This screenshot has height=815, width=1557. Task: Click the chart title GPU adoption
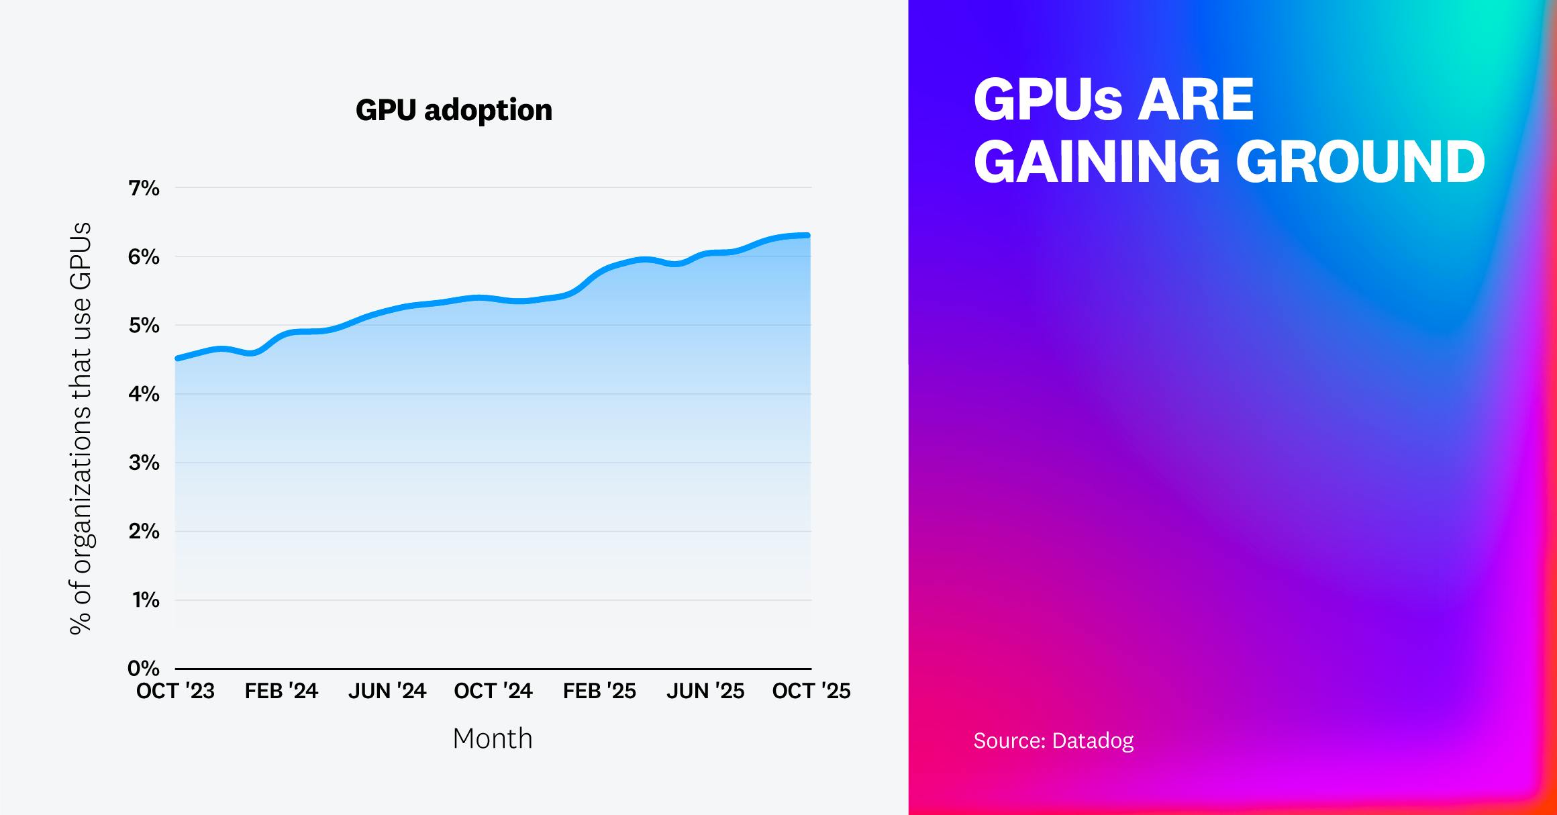pos(454,110)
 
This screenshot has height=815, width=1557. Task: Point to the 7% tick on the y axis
pos(144,189)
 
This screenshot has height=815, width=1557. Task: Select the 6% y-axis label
pos(144,257)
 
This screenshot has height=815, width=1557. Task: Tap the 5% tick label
pos(144,326)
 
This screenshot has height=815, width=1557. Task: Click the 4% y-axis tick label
pos(144,395)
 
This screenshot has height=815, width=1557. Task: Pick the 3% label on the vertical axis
pos(144,463)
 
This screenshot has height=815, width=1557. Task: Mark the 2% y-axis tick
pos(144,532)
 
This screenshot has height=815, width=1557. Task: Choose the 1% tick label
pos(144,600)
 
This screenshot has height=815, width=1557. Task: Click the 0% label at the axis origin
pos(144,669)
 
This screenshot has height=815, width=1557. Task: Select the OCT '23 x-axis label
pos(175,691)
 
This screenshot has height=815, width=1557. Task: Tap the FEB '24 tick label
pos(281,691)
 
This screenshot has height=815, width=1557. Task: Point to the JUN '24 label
pos(387,691)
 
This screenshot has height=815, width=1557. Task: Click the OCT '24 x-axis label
pos(493,691)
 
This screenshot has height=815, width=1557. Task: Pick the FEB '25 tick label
pos(599,691)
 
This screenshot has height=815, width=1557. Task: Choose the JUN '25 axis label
pos(705,691)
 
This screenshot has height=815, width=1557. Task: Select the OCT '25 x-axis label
pos(811,691)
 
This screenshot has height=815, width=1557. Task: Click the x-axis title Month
pos(493,738)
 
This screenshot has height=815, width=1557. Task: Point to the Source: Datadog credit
pos(1053,740)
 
